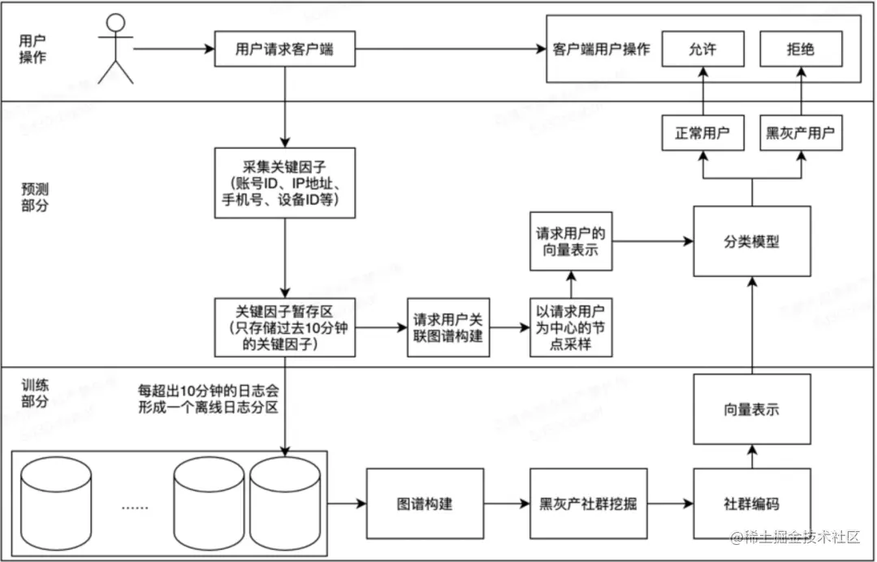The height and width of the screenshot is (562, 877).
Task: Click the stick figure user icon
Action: (x=114, y=49)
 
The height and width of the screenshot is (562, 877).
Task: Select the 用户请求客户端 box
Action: (x=284, y=50)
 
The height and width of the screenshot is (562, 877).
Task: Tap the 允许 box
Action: (x=702, y=50)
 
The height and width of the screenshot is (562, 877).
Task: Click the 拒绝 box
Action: (x=800, y=50)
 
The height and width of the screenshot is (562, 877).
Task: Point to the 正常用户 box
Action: (x=702, y=133)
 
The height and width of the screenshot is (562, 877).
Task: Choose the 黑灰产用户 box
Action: (x=800, y=133)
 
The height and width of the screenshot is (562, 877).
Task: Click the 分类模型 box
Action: (x=751, y=241)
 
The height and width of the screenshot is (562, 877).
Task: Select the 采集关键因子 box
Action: (x=284, y=183)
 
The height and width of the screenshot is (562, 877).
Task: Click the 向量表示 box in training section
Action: (x=751, y=409)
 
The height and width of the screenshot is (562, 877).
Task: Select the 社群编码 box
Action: (x=751, y=504)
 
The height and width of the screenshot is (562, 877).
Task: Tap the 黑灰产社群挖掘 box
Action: (x=588, y=504)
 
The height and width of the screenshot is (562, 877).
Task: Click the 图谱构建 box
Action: (x=425, y=504)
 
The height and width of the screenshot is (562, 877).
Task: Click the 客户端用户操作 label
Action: (x=601, y=50)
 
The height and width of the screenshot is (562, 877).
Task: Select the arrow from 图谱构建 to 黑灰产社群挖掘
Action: (x=506, y=504)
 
